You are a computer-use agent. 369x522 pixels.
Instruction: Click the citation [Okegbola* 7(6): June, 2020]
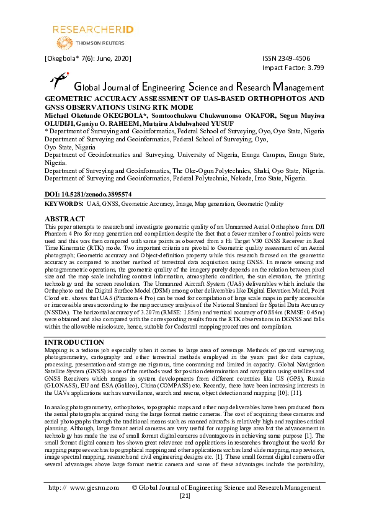click(87, 58)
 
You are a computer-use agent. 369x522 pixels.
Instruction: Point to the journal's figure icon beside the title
click(58, 80)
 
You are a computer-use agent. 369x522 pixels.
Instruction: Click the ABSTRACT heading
click(65, 219)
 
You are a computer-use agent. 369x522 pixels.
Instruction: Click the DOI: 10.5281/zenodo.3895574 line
click(88, 194)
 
